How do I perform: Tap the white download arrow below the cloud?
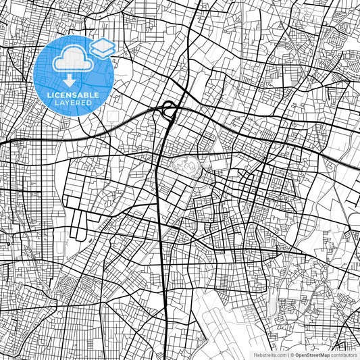[x=70, y=80]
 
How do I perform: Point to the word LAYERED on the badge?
[x=74, y=104]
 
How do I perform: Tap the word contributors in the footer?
[x=345, y=354]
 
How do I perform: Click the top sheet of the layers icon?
[x=103, y=44]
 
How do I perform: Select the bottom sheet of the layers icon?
[x=103, y=52]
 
